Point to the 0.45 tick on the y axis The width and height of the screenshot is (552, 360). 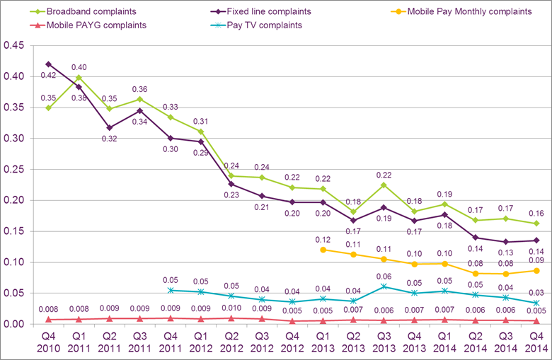tap(14, 46)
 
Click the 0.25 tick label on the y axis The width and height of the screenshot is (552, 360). tap(14, 170)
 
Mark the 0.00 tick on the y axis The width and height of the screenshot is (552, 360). tap(14, 325)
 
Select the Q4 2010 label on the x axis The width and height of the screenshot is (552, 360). tap(48, 343)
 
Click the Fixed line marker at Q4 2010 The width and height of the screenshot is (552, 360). tap(48, 64)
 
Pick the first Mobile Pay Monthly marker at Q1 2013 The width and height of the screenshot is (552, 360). tap(323, 250)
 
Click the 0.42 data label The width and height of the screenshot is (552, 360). tap(48, 75)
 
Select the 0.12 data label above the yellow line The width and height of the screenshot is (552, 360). tap(323, 239)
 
